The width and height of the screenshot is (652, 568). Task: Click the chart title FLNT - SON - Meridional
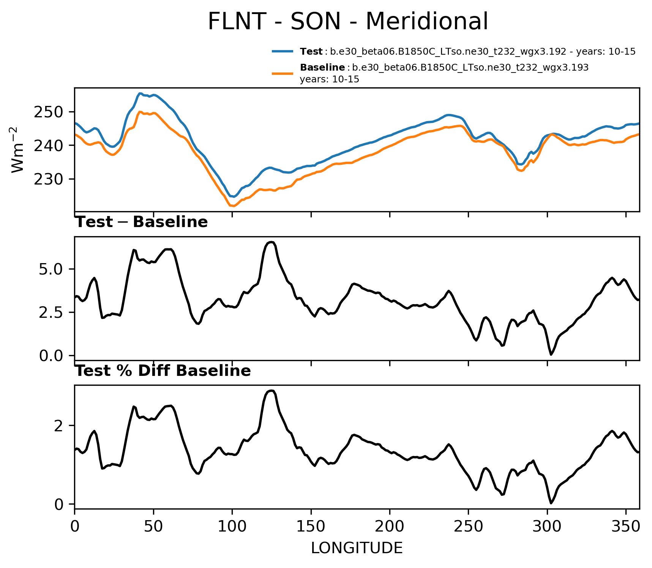348,21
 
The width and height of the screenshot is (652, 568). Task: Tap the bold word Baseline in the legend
322,68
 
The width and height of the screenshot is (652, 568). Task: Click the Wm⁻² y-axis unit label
17,150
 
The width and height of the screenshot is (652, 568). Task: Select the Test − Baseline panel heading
142,222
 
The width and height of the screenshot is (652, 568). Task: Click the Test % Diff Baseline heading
163,371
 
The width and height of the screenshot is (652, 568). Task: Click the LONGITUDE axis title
357,548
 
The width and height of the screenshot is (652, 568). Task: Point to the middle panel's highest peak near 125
271,242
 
